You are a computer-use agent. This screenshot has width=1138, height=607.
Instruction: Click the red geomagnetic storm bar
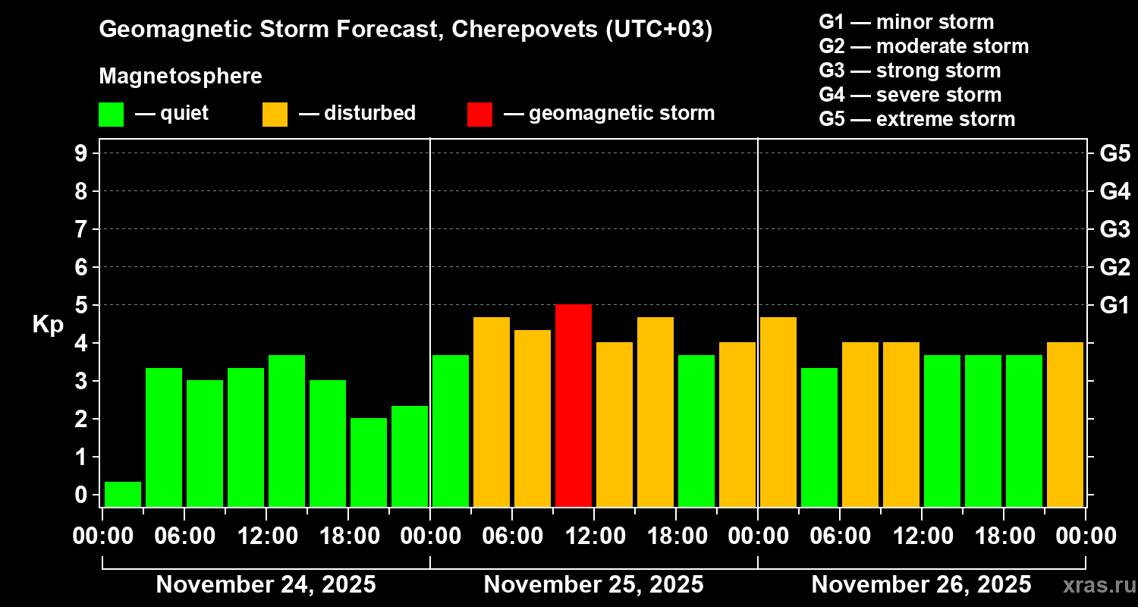coord(574,405)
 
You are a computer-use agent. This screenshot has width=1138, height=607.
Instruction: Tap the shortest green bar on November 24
coord(123,494)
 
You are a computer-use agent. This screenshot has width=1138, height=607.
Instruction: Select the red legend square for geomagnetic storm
coord(479,114)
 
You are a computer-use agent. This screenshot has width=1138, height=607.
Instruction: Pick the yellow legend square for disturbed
coord(275,114)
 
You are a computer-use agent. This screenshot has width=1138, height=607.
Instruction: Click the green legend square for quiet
coord(111,114)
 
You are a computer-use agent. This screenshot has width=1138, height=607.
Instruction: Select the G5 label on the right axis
coord(1114,153)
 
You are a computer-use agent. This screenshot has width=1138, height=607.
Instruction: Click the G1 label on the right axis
coord(1114,305)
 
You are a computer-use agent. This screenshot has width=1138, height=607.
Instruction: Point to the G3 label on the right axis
coord(1114,229)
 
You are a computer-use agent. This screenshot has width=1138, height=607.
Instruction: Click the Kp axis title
coord(47,325)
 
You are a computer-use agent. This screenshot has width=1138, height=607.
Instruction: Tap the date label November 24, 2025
coord(266,585)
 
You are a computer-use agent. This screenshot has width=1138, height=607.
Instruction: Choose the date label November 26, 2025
coord(921,585)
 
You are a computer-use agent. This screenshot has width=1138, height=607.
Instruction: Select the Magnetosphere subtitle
coord(181,77)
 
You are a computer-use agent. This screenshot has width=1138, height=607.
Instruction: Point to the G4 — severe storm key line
coord(910,95)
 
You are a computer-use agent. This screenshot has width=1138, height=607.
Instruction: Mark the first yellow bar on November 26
coord(778,411)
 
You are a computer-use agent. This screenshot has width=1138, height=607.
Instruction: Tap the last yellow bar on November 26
coord(1065,424)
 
